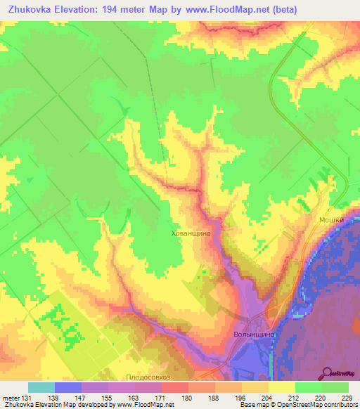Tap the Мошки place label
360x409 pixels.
(x=331, y=219)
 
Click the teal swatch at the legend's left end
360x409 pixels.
(x=41, y=387)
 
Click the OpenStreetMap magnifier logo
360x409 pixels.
(x=328, y=373)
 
